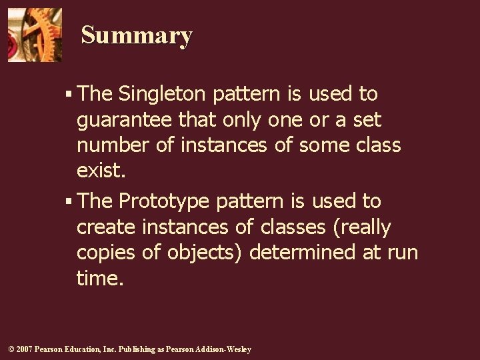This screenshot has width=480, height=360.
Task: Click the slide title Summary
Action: coord(137,35)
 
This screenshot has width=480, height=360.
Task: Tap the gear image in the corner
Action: coord(34,35)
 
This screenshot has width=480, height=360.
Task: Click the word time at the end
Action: coord(98,278)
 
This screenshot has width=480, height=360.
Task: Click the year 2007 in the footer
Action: coord(23,349)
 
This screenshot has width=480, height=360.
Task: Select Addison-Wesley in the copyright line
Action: coord(223,349)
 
